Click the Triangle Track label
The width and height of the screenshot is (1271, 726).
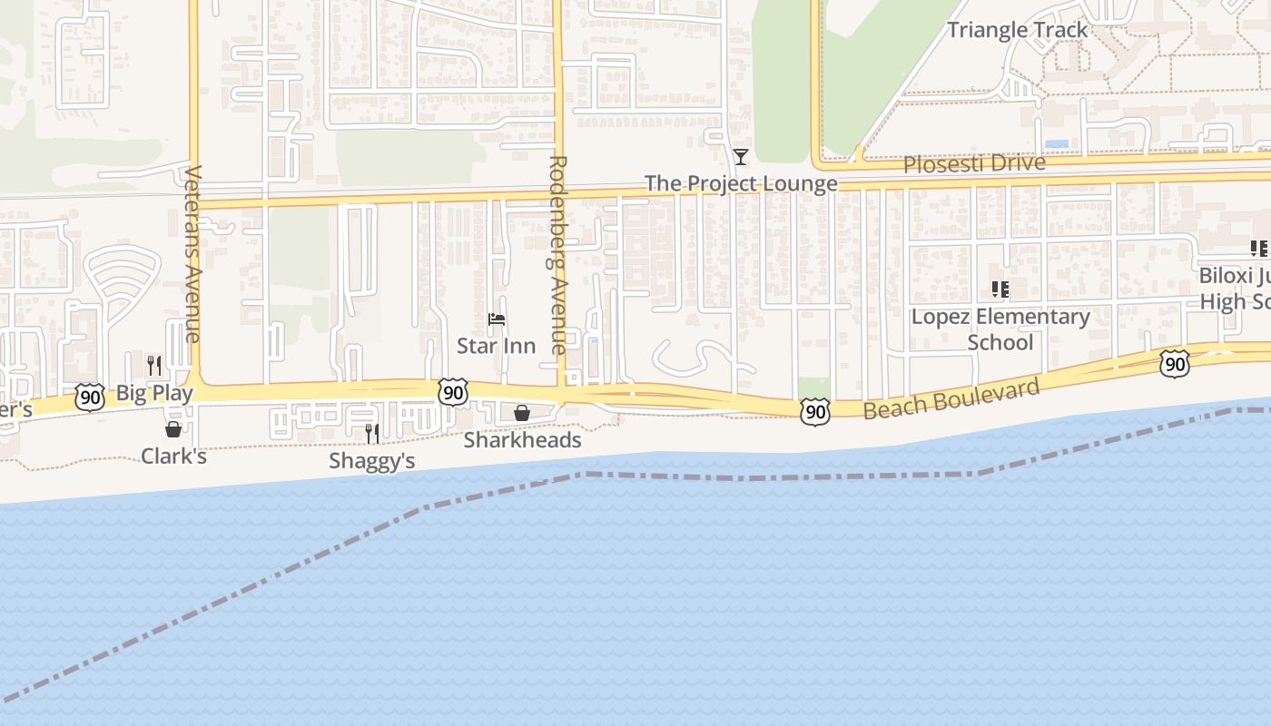[x=1017, y=30]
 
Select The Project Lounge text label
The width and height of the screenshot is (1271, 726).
[x=741, y=183]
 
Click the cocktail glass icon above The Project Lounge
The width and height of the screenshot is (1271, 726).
[x=741, y=157]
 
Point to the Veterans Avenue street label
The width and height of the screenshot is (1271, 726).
[x=192, y=254]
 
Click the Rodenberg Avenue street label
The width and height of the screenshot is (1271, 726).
[x=557, y=254]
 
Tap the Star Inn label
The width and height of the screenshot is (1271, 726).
[x=496, y=346]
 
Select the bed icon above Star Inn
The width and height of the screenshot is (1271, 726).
[x=496, y=319]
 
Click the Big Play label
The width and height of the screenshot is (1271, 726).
[x=154, y=393]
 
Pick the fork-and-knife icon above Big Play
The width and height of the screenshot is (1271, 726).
[x=154, y=366]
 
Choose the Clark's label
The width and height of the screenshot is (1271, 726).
[x=173, y=456]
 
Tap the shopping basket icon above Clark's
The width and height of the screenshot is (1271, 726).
[x=173, y=429]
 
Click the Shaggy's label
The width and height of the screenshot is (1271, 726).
[x=371, y=460]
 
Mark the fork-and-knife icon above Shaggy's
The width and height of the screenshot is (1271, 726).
[x=372, y=434]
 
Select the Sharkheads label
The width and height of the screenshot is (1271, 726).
[x=522, y=440]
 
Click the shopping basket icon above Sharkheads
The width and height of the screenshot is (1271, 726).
[x=522, y=414]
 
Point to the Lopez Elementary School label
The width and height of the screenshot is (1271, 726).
[x=1000, y=329]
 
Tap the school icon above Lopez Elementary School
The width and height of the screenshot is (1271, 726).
[x=1000, y=289]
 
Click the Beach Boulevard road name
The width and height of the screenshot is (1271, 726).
[x=951, y=399]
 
